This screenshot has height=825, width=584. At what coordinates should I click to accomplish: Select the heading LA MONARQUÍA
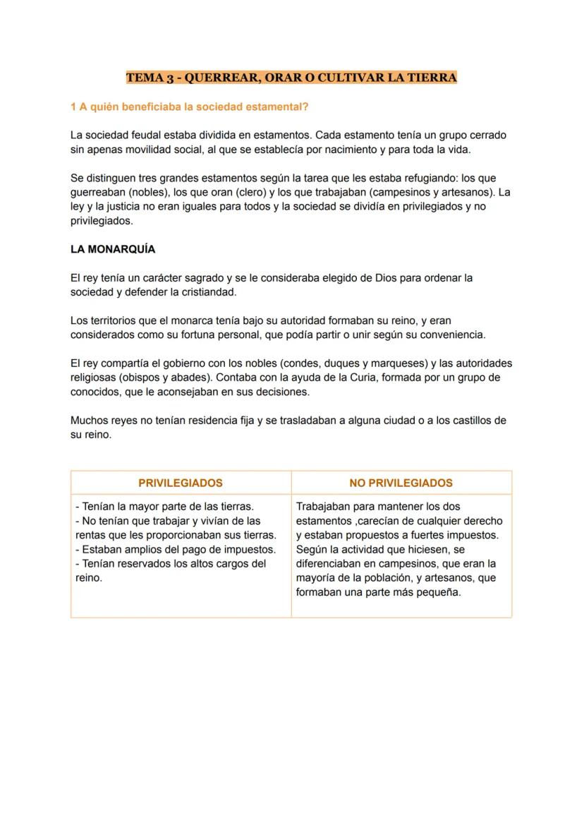(x=113, y=249)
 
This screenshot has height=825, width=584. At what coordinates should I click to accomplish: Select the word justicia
(x=122, y=207)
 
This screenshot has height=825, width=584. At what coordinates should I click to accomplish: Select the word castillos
(x=465, y=421)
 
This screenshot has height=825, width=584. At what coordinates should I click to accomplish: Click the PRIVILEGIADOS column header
(x=181, y=483)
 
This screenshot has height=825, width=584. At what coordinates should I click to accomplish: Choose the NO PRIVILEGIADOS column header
(x=401, y=483)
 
